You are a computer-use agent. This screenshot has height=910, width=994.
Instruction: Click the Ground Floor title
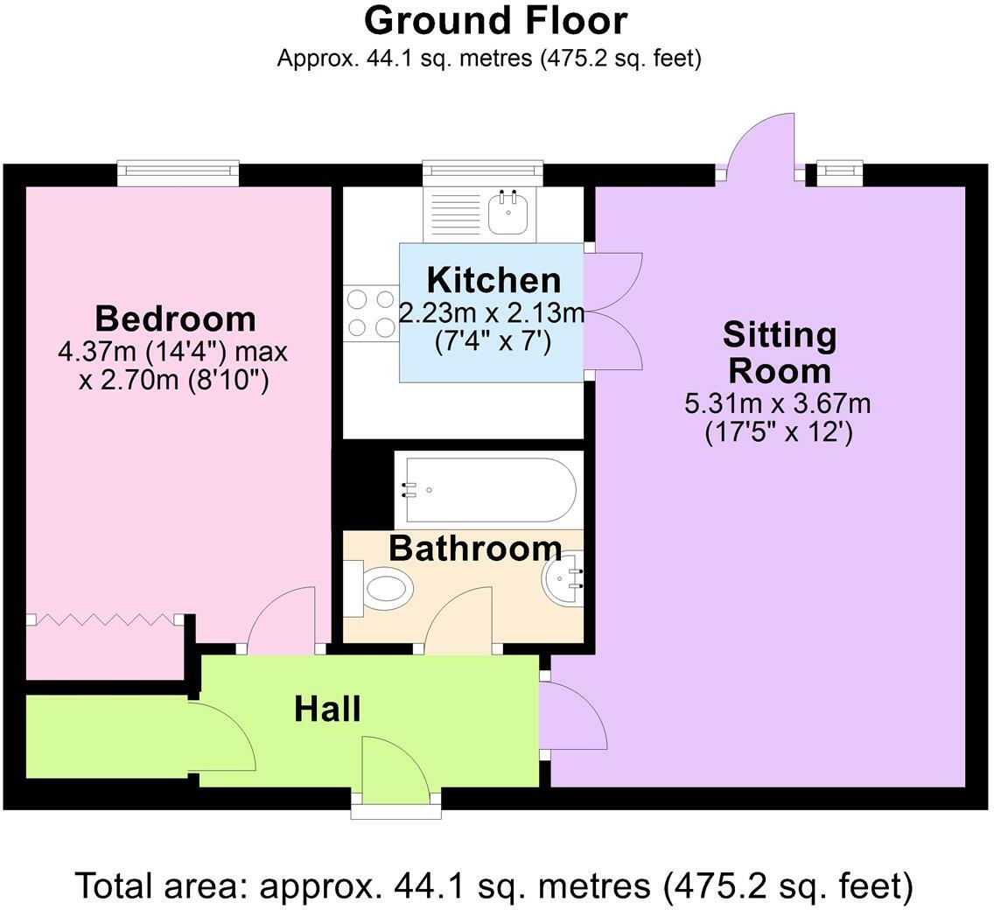click(x=495, y=21)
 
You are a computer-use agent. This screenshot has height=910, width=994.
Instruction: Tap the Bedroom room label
click(x=175, y=318)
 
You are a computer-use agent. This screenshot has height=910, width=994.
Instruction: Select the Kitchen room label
click(x=493, y=281)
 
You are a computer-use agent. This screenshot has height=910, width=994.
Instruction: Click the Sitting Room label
click(x=779, y=353)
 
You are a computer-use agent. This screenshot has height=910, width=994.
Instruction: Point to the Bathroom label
click(x=474, y=549)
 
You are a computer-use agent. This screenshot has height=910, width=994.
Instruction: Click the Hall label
click(x=327, y=709)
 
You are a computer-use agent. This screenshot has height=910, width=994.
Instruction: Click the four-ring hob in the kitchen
click(x=371, y=313)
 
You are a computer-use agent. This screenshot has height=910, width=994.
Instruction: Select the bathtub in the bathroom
click(x=486, y=489)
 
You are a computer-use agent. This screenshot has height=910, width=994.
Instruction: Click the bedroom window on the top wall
click(x=178, y=172)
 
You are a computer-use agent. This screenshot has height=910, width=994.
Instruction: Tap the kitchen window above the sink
click(x=482, y=172)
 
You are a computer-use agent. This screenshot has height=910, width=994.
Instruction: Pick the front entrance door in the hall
click(x=395, y=770)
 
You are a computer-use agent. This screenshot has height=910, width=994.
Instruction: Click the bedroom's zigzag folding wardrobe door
click(x=105, y=619)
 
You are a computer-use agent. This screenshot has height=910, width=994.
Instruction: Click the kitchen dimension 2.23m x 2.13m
click(x=492, y=312)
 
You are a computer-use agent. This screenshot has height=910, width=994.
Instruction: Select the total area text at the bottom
click(x=495, y=885)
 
